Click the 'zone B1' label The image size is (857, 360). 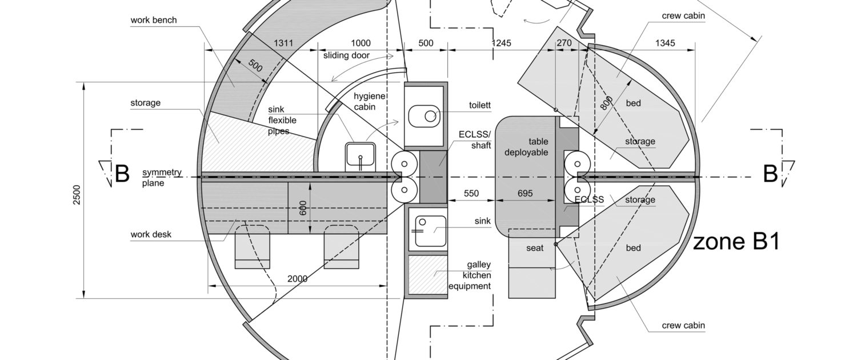(736, 242)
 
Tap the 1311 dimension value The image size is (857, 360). (283, 43)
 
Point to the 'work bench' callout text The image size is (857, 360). (154, 20)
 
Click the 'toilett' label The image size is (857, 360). (479, 106)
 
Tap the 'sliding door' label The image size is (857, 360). (346, 55)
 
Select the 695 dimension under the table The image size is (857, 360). (524, 194)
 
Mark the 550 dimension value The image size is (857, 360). (471, 194)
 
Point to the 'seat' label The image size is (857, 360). (535, 248)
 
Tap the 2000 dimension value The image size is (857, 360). (297, 279)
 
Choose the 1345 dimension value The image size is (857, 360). (664, 43)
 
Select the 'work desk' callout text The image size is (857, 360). (151, 234)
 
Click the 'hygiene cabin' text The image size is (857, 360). (370, 101)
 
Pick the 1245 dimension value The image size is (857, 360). (501, 43)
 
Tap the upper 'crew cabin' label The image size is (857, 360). (683, 16)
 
